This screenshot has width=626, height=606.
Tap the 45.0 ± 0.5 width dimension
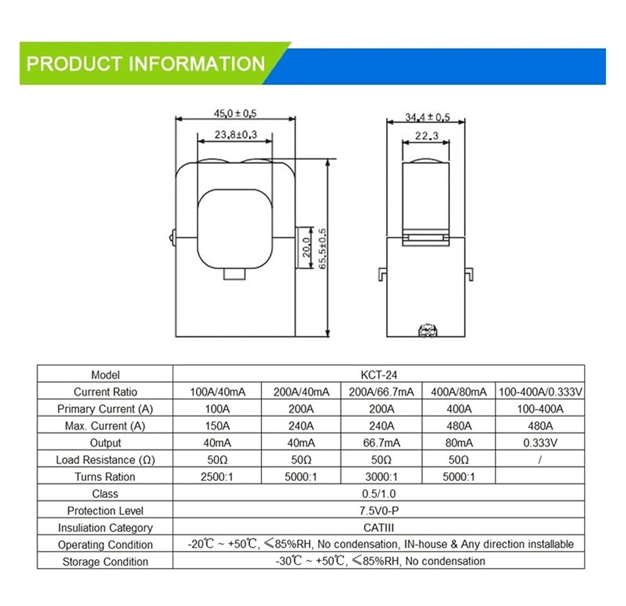[x=235, y=113]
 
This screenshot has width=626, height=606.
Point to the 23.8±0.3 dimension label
[x=235, y=135]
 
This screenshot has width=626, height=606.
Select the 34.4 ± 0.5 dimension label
[x=427, y=117]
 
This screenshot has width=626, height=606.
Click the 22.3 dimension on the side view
[x=426, y=136]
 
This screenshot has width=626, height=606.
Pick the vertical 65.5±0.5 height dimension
[x=322, y=249]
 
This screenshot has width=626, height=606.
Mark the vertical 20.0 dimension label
[x=306, y=247]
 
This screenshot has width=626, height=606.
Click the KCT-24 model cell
[x=379, y=375]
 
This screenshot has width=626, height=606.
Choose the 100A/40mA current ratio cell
[x=218, y=392]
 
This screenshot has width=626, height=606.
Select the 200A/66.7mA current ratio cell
[x=381, y=392]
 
